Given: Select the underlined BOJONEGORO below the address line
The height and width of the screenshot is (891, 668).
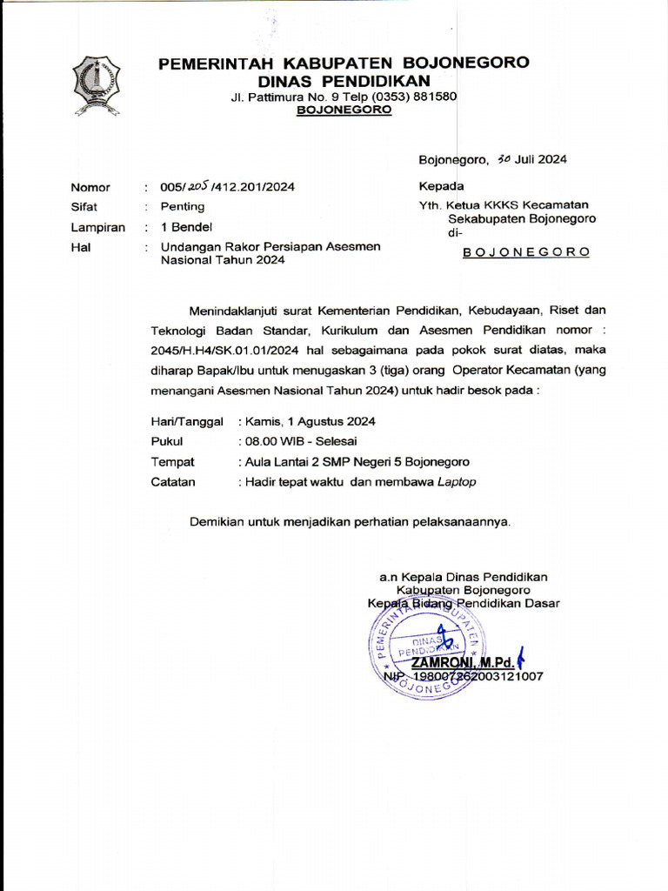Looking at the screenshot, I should coord(344,110).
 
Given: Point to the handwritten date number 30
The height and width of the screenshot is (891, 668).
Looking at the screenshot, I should coord(504,159).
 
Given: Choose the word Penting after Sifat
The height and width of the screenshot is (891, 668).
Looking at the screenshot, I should coord(183,207).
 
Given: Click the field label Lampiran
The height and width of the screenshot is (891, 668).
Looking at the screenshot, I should coord(97,228).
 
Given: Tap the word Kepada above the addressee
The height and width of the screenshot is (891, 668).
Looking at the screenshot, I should coord(441,186).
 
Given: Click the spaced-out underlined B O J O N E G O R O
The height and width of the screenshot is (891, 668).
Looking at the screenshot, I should coord(526,251).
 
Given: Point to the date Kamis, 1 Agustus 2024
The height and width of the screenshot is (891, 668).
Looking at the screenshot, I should coord(311,421).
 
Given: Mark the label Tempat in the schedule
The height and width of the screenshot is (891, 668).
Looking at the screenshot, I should coord(172,462).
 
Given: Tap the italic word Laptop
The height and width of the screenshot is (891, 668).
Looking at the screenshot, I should coord(457,482).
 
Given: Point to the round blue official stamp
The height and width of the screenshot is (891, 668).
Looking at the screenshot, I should coord(426,647).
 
